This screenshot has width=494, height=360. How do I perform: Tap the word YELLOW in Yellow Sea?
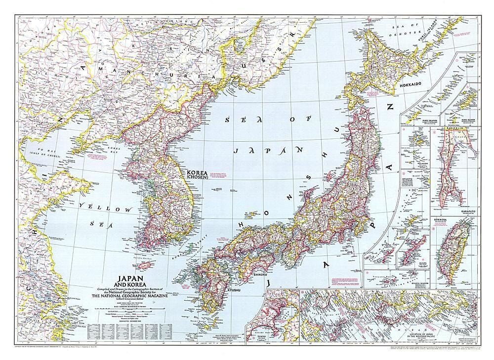click(108, 208)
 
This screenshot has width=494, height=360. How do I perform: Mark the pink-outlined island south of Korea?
click(146, 265)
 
